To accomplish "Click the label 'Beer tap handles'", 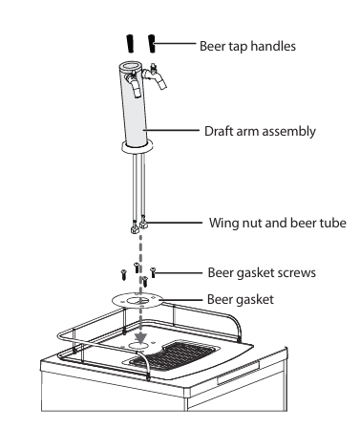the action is tap(247, 46).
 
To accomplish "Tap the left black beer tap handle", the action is tap(130, 43).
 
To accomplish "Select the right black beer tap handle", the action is tap(152, 44).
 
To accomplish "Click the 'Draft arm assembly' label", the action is tap(260, 131).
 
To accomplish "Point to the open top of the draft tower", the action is tap(131, 67).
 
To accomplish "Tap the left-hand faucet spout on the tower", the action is tap(135, 83).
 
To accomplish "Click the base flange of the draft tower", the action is tap(137, 147).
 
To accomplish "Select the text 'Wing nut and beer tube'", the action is tap(278, 223).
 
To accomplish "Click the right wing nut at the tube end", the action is tap(144, 225).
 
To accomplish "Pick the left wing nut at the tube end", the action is tap(135, 228).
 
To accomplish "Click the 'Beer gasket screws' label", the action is tap(262, 273).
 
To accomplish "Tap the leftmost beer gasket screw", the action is tap(123, 274).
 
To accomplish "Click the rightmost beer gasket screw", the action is tap(153, 272).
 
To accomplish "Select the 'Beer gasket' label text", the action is tap(241, 300).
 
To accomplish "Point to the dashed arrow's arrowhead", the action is tap(140, 338).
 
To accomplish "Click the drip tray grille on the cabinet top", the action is tap(175, 356).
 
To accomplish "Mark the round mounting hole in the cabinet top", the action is tap(138, 346).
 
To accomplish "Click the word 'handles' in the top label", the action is tap(273, 46).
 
